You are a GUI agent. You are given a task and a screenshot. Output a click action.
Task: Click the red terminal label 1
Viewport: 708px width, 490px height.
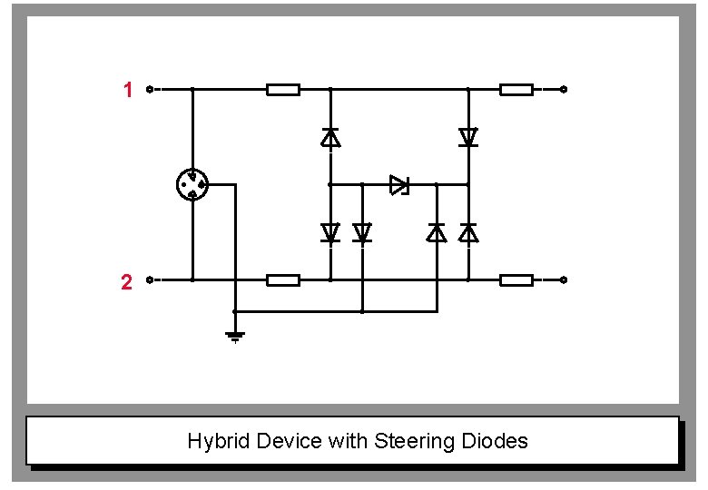pos(128,90)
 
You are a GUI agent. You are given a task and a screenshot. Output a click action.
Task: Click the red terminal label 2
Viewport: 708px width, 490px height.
pos(127,282)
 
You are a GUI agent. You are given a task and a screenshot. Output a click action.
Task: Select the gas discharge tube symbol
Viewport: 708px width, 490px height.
pos(192,185)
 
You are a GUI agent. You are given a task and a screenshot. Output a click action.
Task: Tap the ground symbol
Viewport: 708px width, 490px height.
pos(235,338)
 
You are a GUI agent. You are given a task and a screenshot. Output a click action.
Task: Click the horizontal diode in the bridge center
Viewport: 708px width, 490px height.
pos(399,185)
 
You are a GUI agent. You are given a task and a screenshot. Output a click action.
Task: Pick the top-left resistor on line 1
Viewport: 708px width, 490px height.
pos(283,90)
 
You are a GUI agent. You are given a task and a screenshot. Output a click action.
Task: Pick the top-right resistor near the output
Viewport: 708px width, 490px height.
pos(516,90)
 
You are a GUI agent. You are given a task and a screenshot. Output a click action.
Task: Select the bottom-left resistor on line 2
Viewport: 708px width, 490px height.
pos(283,280)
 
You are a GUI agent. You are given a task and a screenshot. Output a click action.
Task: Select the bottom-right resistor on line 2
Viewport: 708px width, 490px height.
pos(516,280)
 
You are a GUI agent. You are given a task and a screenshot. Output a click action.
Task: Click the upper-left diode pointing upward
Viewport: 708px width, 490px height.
pos(330,137)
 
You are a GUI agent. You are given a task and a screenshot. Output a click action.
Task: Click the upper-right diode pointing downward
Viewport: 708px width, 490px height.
pos(468,137)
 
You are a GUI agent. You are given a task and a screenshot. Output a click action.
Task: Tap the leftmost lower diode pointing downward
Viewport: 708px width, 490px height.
pos(330,233)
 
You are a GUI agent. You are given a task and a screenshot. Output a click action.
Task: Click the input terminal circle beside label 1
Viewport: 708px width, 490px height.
pos(151,90)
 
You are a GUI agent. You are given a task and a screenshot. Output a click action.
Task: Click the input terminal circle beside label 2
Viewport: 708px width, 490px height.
pos(151,280)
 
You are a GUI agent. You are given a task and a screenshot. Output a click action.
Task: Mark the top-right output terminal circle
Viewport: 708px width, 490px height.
pos(564,90)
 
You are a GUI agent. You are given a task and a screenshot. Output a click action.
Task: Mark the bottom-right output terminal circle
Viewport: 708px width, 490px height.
pos(564,280)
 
